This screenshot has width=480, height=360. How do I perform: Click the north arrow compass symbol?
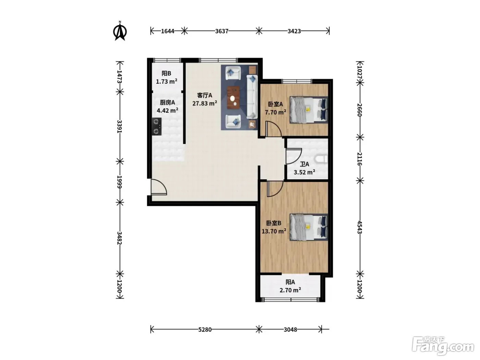click(x=120, y=31)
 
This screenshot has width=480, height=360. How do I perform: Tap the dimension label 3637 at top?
click(x=221, y=31)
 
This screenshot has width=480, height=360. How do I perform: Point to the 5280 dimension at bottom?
click(x=205, y=329)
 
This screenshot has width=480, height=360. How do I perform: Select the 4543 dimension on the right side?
click(x=360, y=227)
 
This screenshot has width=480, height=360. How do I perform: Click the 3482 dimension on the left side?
click(x=119, y=238)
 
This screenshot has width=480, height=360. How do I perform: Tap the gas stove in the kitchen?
click(x=157, y=127)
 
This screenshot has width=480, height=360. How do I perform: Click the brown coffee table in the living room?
click(x=233, y=97)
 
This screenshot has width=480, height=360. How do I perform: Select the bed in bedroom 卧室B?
click(x=309, y=227)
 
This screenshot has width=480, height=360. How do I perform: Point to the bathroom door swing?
click(x=294, y=156)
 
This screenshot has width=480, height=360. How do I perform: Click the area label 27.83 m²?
click(x=205, y=103)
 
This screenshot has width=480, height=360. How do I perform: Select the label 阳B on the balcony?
click(x=166, y=73)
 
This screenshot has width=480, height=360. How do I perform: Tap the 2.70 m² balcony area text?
click(x=290, y=290)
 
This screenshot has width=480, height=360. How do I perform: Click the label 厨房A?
click(x=167, y=102)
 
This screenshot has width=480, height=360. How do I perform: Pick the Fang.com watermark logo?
click(x=443, y=346)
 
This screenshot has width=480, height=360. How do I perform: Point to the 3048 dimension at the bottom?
click(x=290, y=329)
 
